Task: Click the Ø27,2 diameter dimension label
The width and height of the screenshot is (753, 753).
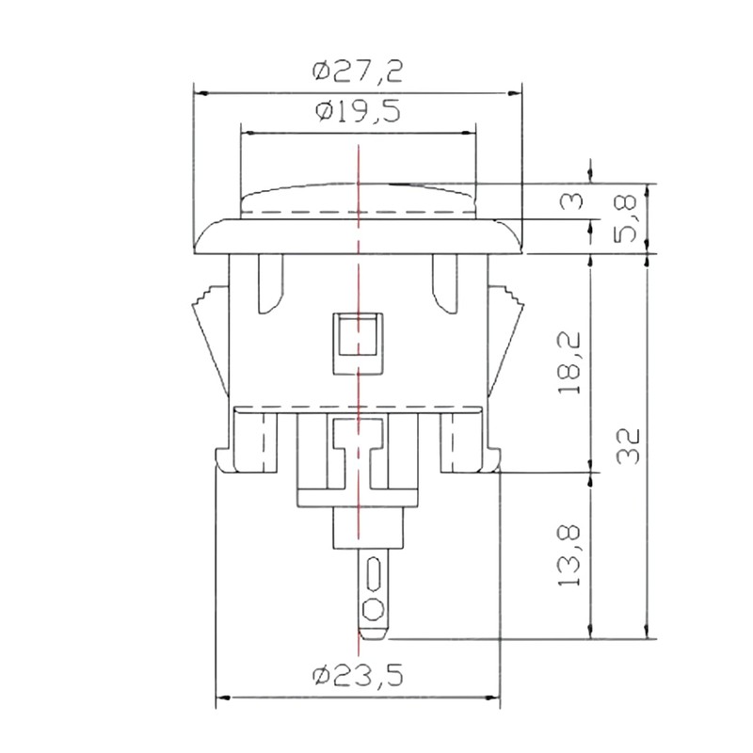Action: pyautogui.click(x=358, y=72)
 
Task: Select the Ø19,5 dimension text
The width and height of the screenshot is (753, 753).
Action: pyautogui.click(x=359, y=112)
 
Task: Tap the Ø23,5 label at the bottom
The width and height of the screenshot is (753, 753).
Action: pyautogui.click(x=358, y=676)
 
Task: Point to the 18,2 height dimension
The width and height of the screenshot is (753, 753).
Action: pyautogui.click(x=569, y=363)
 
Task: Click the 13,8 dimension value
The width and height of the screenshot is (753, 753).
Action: pyautogui.click(x=569, y=555)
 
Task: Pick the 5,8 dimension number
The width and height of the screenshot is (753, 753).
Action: pyautogui.click(x=626, y=217)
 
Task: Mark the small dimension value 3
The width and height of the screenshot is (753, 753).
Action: pyautogui.click(x=571, y=200)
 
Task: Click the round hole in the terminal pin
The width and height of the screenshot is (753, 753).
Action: pyautogui.click(x=373, y=610)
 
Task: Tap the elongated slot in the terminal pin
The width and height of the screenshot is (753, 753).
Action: pyautogui.click(x=373, y=574)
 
